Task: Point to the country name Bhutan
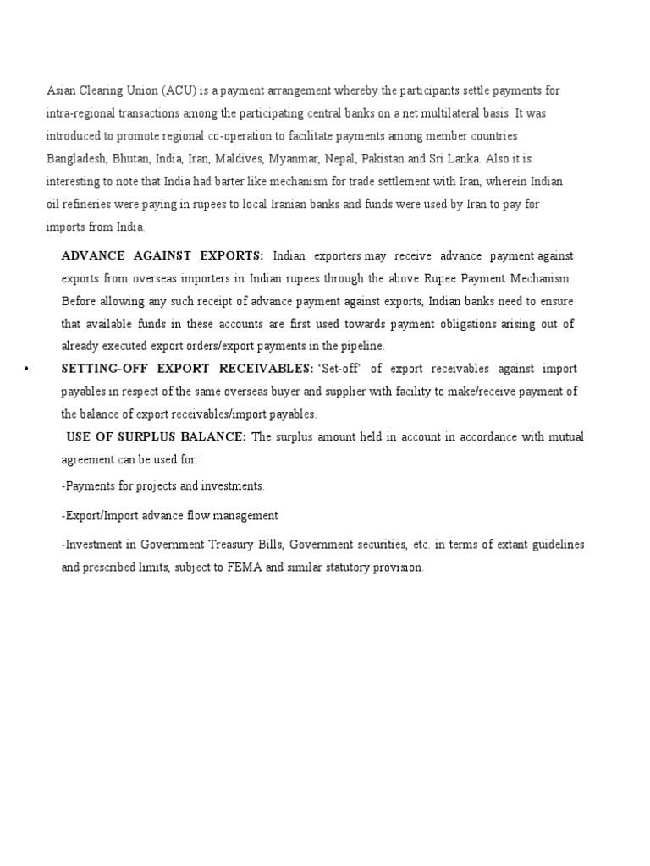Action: [132, 159]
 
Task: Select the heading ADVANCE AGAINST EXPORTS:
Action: [162, 255]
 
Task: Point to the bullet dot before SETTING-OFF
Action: [27, 370]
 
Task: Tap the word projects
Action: [172, 486]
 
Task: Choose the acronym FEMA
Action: [242, 568]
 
